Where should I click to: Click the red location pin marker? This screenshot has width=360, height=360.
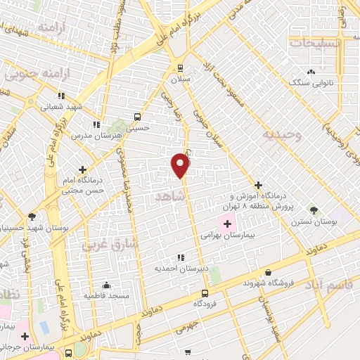(x=181, y=165)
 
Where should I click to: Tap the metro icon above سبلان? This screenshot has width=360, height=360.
(x=180, y=68)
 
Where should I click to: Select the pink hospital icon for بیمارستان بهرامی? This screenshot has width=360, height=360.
(x=228, y=224)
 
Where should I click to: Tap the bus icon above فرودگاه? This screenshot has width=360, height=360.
(x=205, y=293)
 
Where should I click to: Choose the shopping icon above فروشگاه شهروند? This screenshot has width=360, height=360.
(x=268, y=272)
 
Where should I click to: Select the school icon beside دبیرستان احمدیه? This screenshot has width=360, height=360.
(x=180, y=257)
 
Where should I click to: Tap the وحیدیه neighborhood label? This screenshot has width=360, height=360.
(x=281, y=134)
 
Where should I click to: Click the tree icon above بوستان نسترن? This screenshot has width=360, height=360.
(x=314, y=210)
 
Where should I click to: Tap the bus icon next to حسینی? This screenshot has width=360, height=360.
(x=137, y=117)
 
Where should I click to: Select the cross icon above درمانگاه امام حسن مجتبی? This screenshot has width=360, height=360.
(x=84, y=169)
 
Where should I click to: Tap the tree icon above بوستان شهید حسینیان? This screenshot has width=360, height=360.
(x=32, y=217)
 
